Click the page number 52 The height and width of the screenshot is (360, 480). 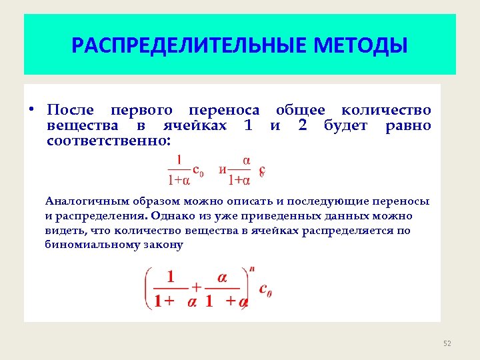(x=447, y=343)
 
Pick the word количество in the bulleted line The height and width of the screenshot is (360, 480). (x=386, y=110)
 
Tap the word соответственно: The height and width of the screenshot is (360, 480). (x=109, y=141)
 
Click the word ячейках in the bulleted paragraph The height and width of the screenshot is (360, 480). (x=195, y=125)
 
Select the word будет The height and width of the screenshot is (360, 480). (x=345, y=125)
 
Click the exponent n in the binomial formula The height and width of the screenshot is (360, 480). (x=251, y=269)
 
